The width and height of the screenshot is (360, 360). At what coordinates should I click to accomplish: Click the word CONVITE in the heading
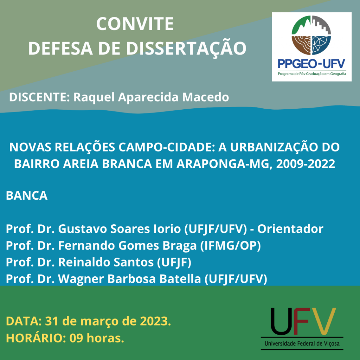click(135, 24)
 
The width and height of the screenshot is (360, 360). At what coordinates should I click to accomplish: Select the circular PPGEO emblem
click(311, 35)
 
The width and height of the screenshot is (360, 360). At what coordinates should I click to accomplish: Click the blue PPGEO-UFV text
click(311, 64)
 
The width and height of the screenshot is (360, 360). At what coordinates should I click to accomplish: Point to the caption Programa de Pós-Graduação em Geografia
click(311, 74)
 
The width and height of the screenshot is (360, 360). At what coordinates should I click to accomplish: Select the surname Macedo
click(205, 97)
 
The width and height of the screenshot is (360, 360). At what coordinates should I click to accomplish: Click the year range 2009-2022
click(306, 164)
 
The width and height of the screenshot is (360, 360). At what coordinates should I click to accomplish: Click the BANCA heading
click(27, 195)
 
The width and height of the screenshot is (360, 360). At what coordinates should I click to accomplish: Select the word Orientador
click(290, 229)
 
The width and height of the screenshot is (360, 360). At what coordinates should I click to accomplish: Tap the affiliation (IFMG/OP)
click(231, 246)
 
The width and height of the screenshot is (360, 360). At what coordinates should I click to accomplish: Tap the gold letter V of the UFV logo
click(323, 321)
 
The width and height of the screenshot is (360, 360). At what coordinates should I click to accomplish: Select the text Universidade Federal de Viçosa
click(302, 344)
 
